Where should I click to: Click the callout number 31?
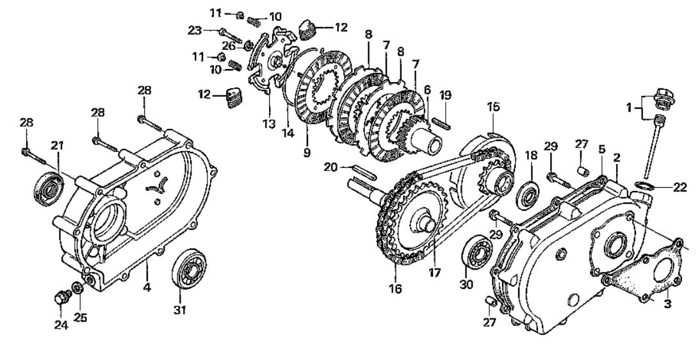click(x=180, y=309)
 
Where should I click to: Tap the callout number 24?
click(x=61, y=325)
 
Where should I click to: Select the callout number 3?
click(x=667, y=305)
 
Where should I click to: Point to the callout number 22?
click(x=680, y=188)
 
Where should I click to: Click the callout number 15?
click(x=493, y=107)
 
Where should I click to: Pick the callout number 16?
click(x=396, y=288)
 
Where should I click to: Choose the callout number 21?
click(x=57, y=145)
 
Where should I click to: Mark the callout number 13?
click(x=269, y=124)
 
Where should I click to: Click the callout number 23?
click(x=195, y=30)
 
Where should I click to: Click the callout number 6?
click(x=427, y=90)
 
